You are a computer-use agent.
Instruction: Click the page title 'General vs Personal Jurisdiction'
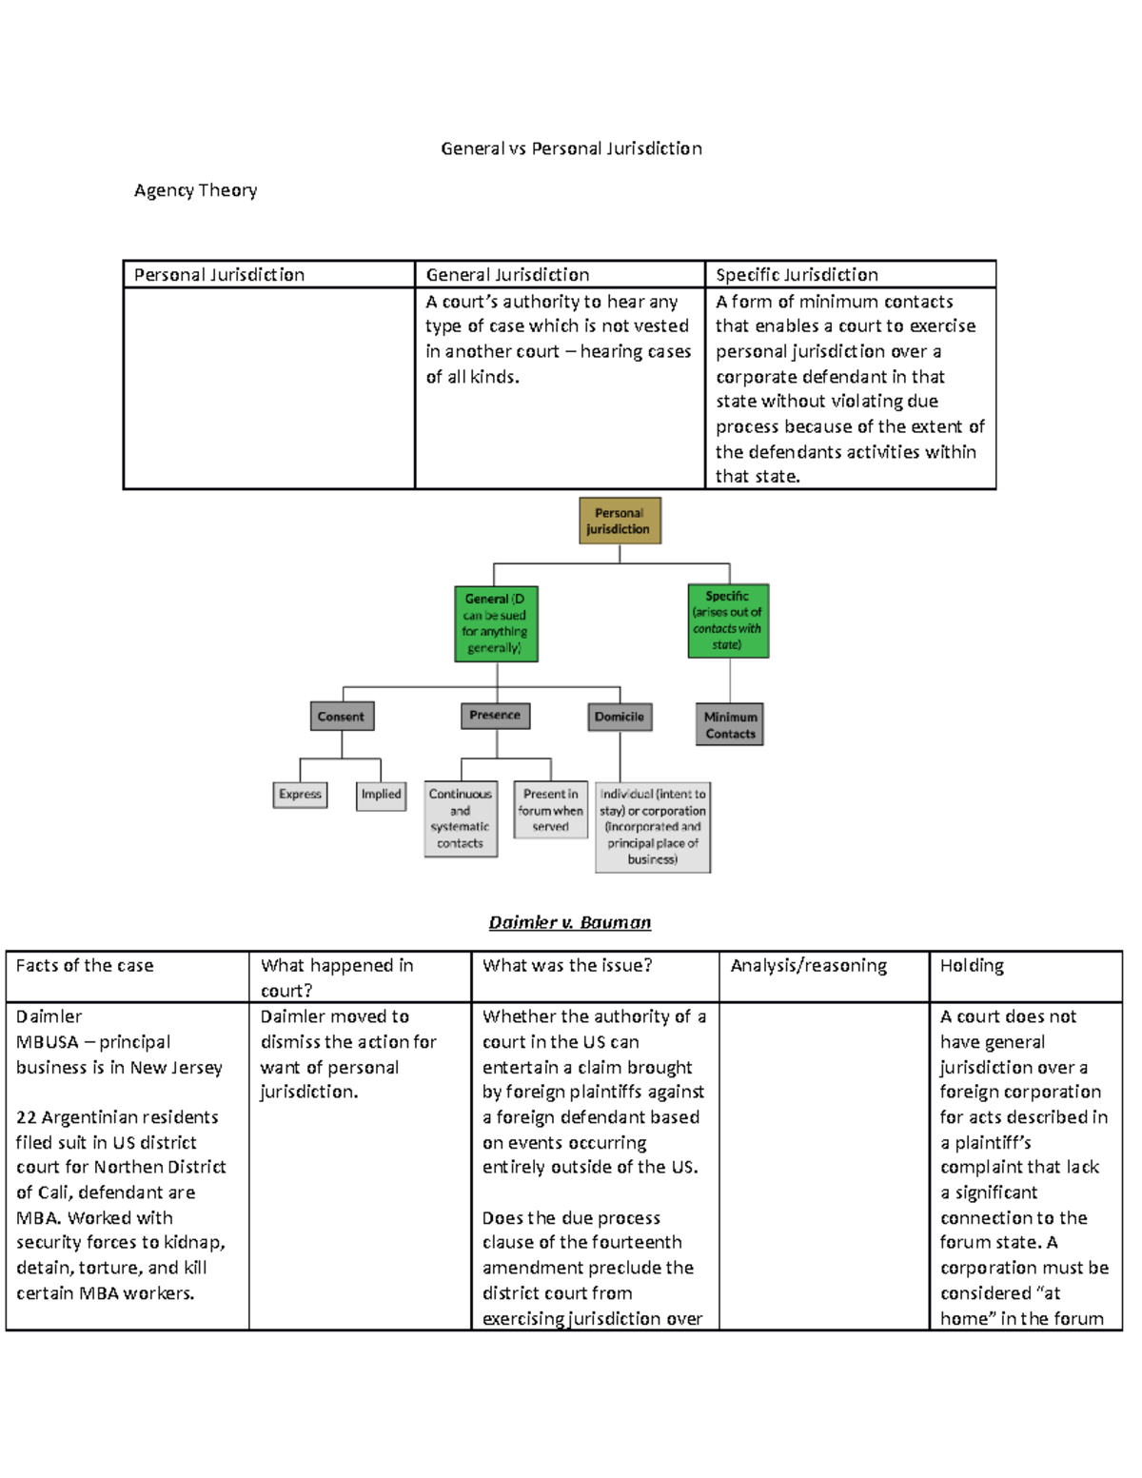tap(571, 148)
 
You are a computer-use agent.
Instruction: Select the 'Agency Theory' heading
tap(195, 190)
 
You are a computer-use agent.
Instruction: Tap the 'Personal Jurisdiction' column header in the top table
tap(219, 275)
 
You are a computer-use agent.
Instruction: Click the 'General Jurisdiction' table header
tap(507, 275)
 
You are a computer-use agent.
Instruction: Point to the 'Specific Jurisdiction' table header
tap(797, 275)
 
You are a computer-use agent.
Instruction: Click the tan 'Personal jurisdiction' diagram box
tap(620, 521)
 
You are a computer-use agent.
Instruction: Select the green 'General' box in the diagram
tap(496, 623)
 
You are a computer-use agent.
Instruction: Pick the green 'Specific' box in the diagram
tap(728, 621)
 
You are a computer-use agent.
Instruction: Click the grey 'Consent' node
tap(342, 717)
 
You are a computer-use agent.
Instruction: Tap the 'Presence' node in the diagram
tap(495, 716)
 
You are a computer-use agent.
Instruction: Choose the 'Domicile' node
tap(620, 717)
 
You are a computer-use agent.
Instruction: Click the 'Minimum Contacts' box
tap(730, 725)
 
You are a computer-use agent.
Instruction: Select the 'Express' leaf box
tap(300, 795)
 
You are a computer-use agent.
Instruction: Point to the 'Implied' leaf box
tap(381, 795)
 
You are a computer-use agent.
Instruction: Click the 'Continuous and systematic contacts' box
tap(461, 818)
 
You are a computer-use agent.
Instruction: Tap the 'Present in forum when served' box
tap(550, 810)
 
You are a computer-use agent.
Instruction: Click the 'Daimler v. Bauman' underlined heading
tap(569, 922)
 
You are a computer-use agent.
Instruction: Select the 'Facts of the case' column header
tap(85, 966)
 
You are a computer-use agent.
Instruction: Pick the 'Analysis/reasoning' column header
tap(808, 966)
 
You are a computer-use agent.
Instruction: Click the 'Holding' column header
tap(972, 966)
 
